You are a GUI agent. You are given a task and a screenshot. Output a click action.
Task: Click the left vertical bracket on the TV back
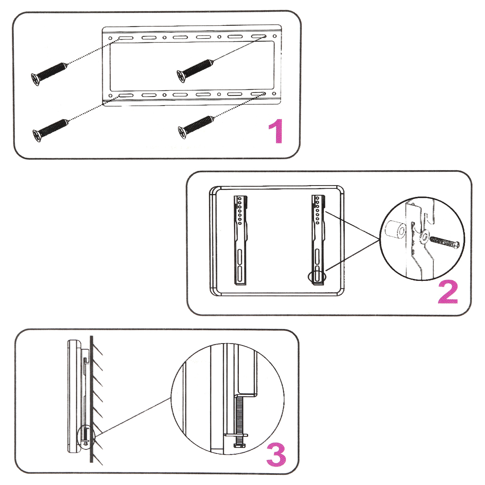[240, 240]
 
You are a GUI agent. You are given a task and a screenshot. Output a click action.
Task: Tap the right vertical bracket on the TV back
[318, 240]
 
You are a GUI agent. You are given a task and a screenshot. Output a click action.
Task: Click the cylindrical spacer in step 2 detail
[394, 232]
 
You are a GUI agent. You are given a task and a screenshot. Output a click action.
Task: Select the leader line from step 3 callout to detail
[133, 416]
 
